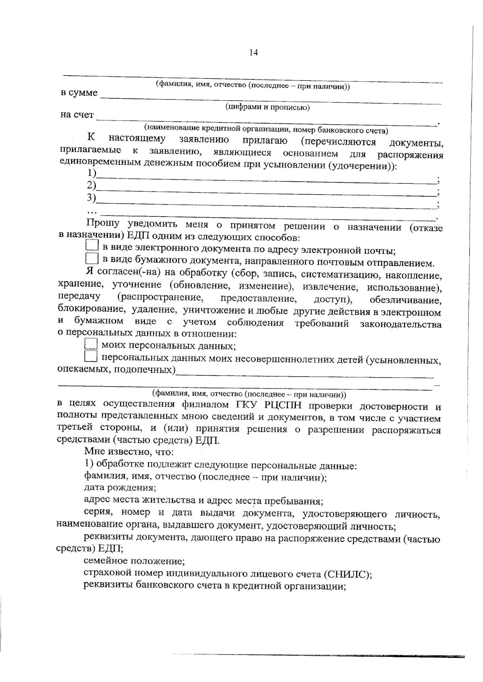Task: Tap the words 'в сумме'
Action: pyautogui.click(x=79, y=93)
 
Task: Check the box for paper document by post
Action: pyautogui.click(x=93, y=258)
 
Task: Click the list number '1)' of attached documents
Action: pyautogui.click(x=92, y=173)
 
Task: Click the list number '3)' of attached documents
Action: pyautogui.click(x=92, y=197)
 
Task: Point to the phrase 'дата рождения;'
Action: pyautogui.click(x=120, y=488)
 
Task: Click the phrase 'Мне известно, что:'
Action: pyautogui.click(x=129, y=452)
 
